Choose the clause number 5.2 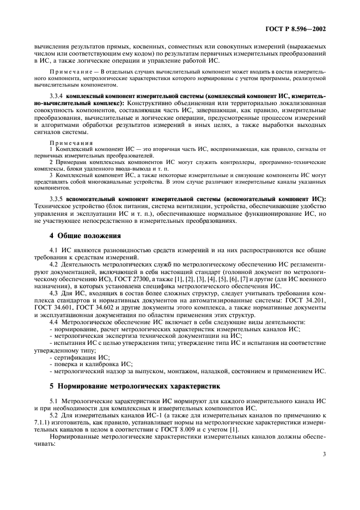pyautogui.click(x=54, y=416)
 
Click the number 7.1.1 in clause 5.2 pyautogui.click(x=40, y=423)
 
